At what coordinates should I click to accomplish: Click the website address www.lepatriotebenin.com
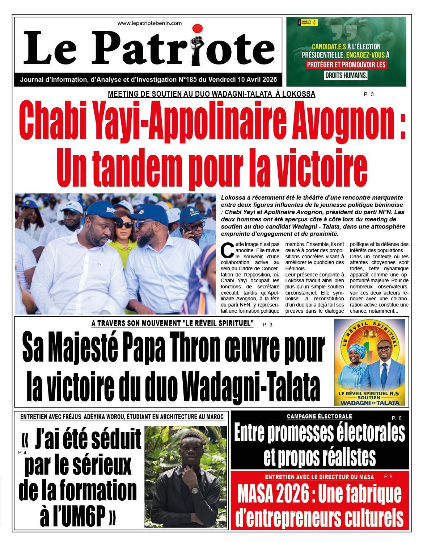click(149, 23)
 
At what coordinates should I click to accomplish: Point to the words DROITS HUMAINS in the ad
click(346, 75)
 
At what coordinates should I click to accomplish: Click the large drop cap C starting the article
click(227, 250)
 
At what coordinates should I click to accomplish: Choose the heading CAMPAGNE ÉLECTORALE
click(319, 416)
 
